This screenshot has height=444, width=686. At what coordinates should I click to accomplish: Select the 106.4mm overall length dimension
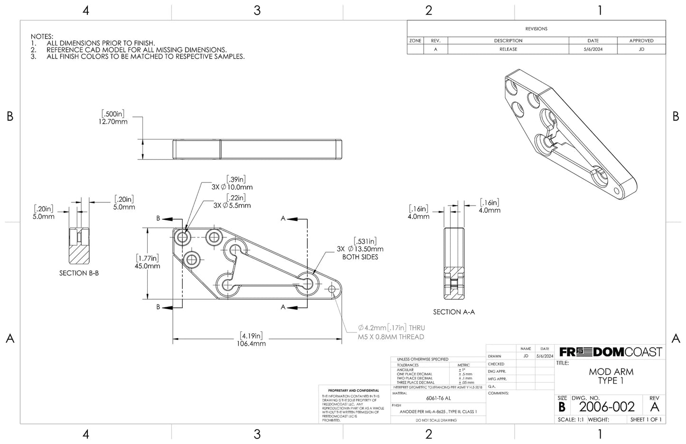(x=252, y=343)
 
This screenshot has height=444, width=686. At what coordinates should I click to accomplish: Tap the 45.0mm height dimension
(x=147, y=266)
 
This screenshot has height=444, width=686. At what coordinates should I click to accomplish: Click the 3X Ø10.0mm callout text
(x=232, y=187)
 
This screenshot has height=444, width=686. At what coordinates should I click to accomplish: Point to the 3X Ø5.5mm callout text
(x=232, y=206)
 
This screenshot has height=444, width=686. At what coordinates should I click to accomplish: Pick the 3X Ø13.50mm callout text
(x=360, y=249)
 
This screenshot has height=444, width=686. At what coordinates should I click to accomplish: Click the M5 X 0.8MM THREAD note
(x=391, y=337)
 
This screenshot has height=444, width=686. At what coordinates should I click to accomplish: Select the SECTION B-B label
(x=79, y=273)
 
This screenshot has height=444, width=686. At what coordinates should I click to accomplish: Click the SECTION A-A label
(x=454, y=312)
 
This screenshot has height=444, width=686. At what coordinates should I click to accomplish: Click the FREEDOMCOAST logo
(x=610, y=352)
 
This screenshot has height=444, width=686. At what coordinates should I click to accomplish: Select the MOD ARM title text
(x=611, y=372)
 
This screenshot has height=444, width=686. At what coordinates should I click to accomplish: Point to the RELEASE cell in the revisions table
(x=508, y=49)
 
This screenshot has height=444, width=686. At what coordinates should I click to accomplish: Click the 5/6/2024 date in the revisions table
(x=592, y=49)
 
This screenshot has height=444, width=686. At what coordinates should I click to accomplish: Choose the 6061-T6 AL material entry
(x=438, y=399)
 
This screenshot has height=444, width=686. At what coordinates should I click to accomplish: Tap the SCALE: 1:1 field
(x=571, y=420)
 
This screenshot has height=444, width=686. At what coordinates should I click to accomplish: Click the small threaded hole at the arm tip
(x=332, y=288)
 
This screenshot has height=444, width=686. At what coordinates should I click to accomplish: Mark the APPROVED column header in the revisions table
(x=641, y=41)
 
